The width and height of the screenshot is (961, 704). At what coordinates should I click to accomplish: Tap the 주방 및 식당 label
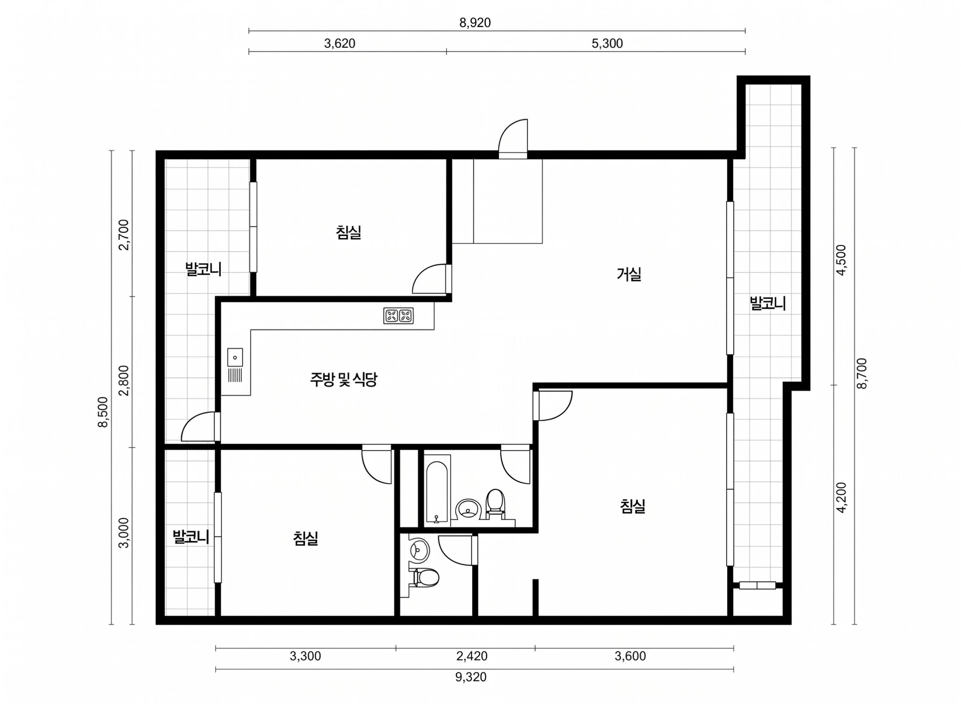pyautogui.click(x=343, y=379)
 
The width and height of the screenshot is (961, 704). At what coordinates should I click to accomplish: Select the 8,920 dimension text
pyautogui.click(x=475, y=23)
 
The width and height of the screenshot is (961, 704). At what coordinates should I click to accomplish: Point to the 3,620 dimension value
pyautogui.click(x=339, y=44)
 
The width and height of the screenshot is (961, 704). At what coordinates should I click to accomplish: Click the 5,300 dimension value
pyautogui.click(x=607, y=44)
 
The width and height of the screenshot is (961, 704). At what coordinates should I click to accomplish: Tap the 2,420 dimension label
pyautogui.click(x=472, y=656)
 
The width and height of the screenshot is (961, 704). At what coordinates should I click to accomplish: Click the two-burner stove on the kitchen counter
pyautogui.click(x=398, y=315)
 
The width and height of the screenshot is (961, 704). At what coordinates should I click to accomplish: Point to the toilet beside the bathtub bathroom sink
pyautogui.click(x=495, y=504)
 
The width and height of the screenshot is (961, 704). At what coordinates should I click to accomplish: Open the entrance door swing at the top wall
pyautogui.click(x=513, y=139)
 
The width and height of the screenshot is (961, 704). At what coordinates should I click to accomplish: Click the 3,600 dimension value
pyautogui.click(x=630, y=656)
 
